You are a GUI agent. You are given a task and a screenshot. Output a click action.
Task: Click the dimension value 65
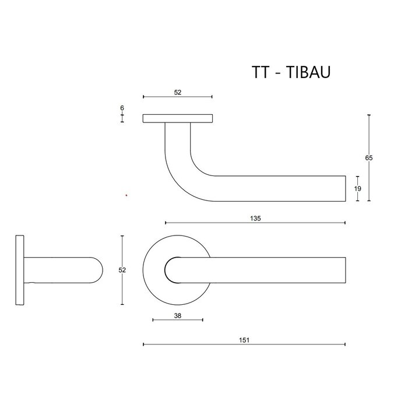pos(368,158)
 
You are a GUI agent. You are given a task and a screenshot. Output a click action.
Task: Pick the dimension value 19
pos(357,188)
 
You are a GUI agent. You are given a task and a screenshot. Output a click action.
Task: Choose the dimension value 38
pos(177,315)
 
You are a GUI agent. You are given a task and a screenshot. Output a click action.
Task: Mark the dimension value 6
pos(122,108)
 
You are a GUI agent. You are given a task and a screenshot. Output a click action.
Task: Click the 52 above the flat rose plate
pos(177,92)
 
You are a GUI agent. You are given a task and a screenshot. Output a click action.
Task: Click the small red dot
pos(126,195)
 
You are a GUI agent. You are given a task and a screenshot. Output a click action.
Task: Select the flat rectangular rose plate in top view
pos(177,119)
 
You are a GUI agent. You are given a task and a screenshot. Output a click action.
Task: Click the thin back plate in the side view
pos(20,270)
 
